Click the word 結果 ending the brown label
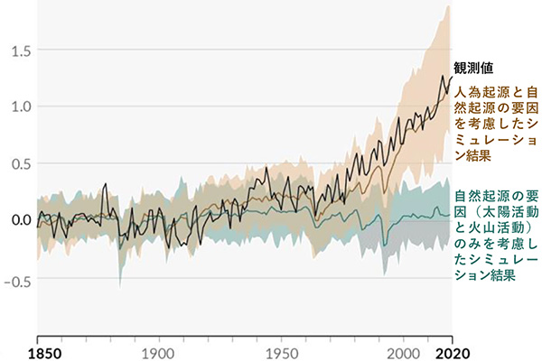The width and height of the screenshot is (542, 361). pos(470,157)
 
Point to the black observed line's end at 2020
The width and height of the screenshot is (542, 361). pos(451,77)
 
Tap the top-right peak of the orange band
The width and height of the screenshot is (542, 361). pos(447,7)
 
